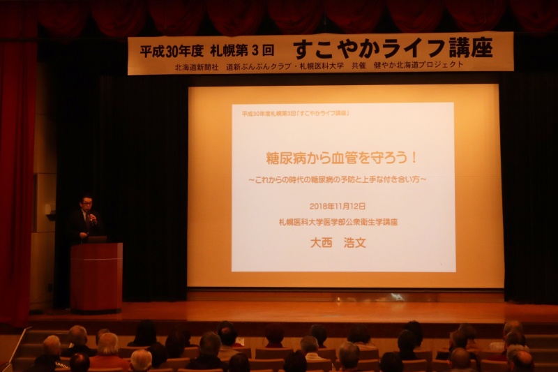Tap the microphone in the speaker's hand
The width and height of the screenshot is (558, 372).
coord(91,217)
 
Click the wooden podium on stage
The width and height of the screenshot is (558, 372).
coord(96,277)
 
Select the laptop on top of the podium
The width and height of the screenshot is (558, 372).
coord(97,239)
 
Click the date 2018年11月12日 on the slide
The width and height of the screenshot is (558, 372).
coord(338,206)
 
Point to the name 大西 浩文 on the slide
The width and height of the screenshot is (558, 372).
coord(338,243)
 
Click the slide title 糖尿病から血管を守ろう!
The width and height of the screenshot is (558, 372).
coord(342,158)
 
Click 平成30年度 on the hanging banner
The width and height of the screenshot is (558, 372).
coord(171,51)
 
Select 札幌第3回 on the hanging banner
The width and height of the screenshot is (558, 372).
coord(242,50)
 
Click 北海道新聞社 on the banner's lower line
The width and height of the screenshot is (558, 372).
coord(197,67)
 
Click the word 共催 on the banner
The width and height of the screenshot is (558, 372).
coord(359,66)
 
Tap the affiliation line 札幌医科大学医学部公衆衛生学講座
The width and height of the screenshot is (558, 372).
coord(338,222)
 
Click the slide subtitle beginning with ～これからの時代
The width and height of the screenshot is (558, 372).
coord(338,179)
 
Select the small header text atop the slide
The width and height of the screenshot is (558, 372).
coord(295,113)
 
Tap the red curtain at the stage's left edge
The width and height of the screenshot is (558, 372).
coord(16,178)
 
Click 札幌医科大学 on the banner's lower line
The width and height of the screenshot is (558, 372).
coord(322,66)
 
